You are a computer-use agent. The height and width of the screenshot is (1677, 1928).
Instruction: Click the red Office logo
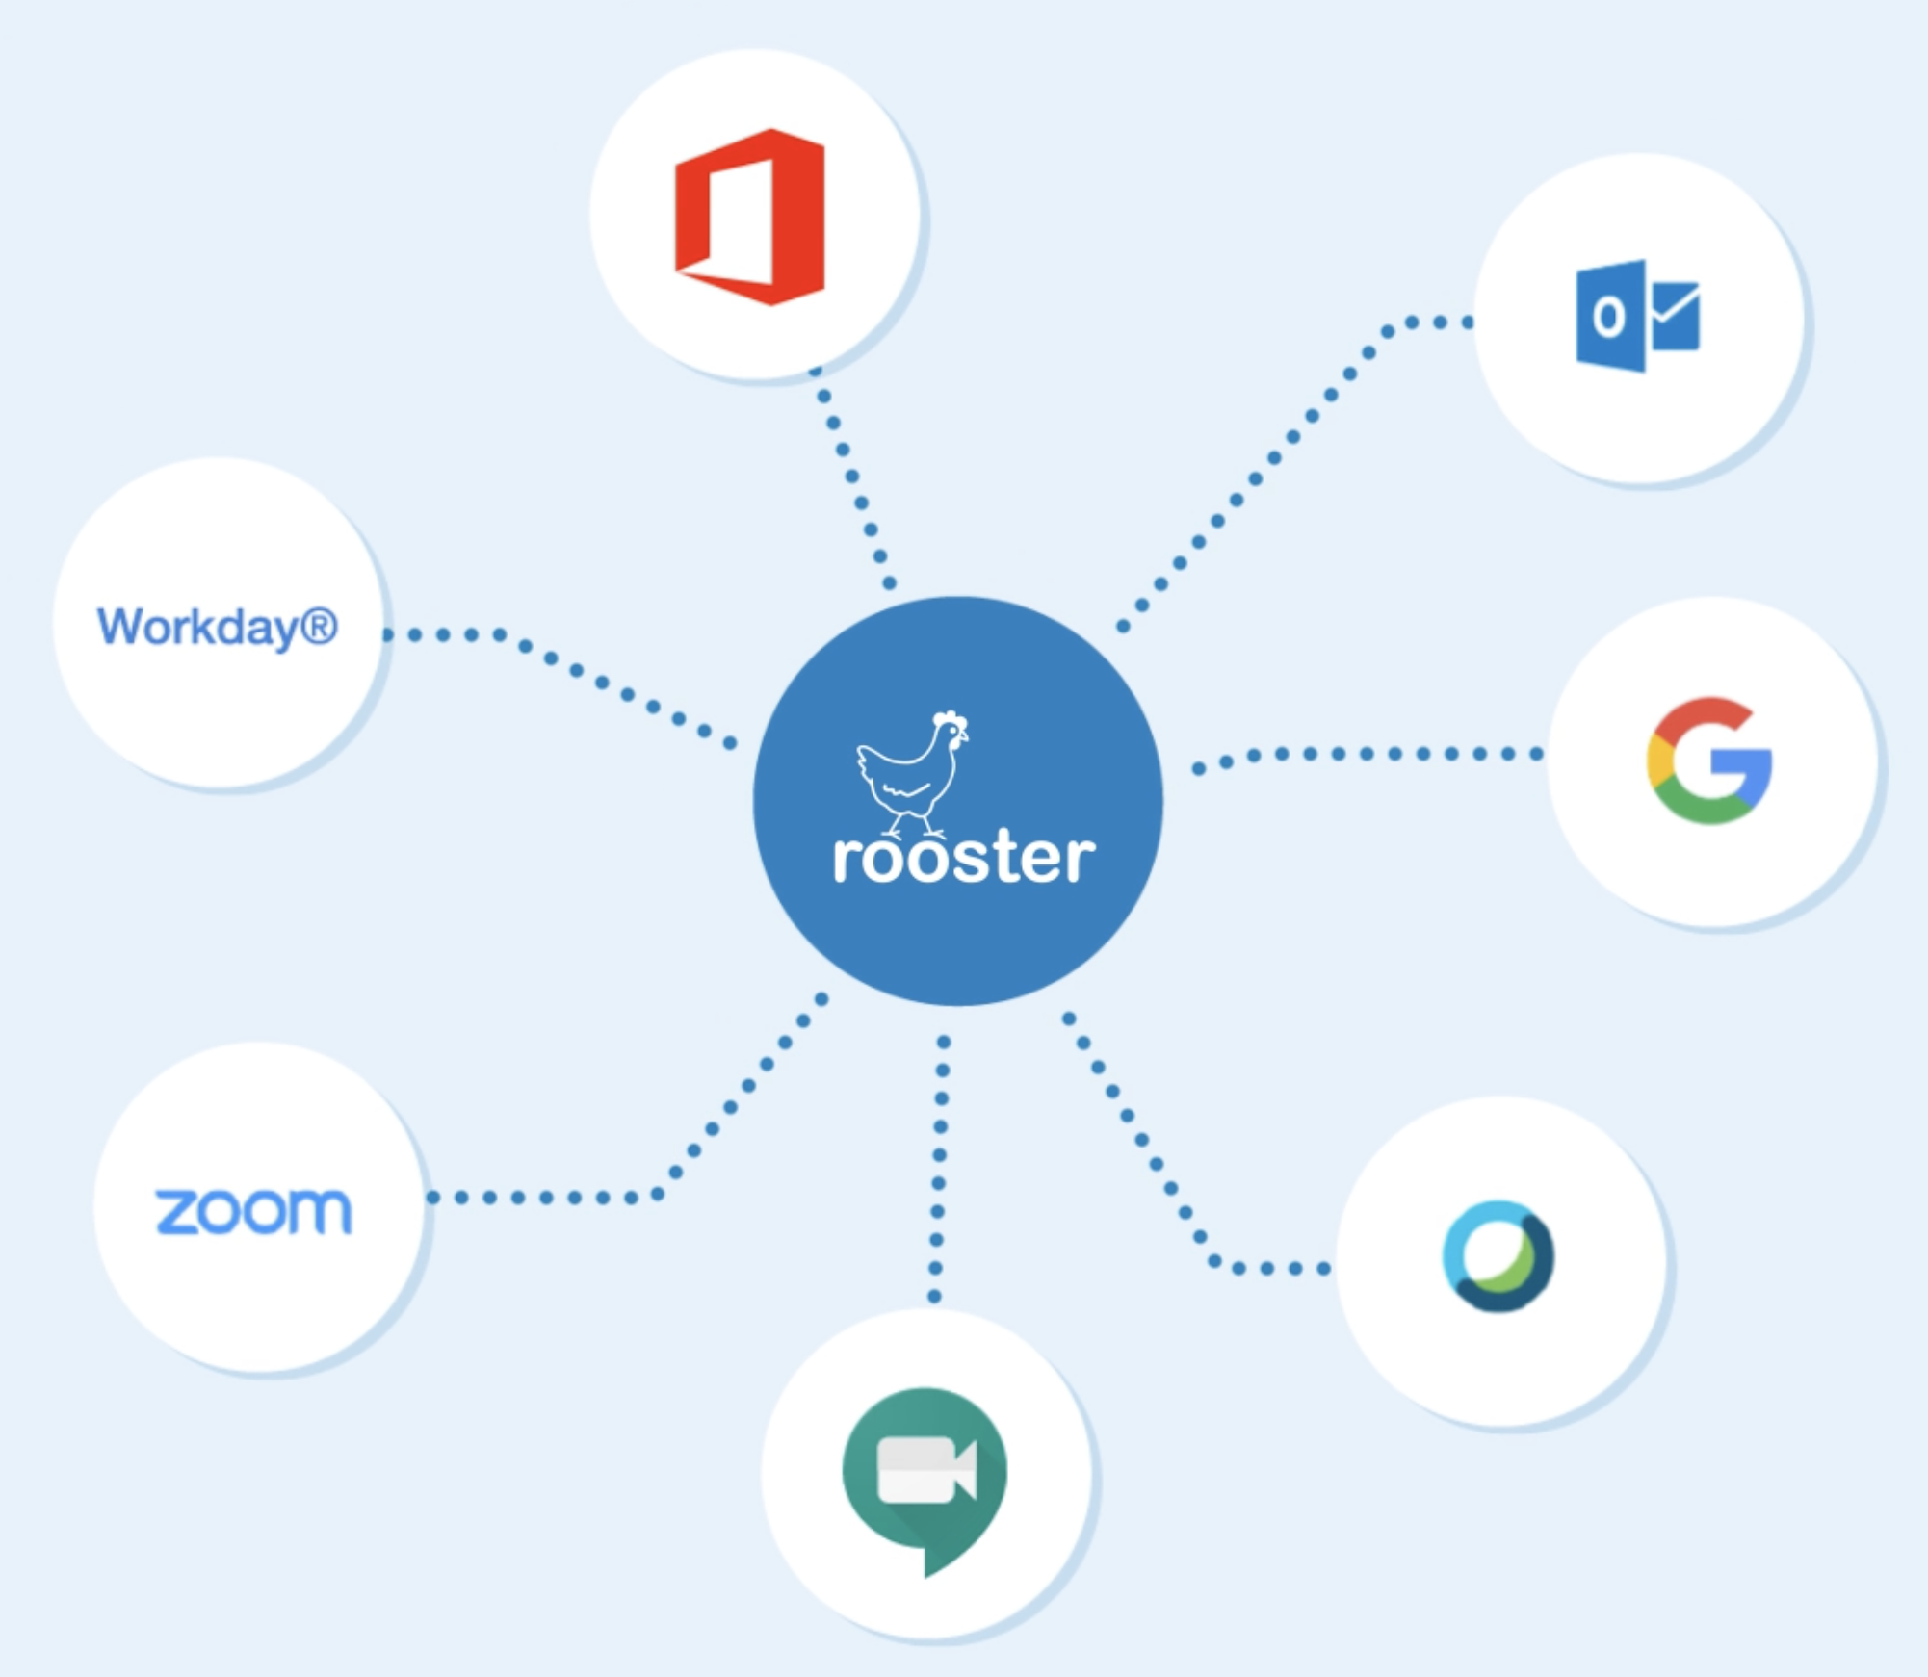750,217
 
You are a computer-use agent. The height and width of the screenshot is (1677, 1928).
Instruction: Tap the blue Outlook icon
1637,316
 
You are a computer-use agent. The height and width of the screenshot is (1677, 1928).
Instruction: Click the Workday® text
218,627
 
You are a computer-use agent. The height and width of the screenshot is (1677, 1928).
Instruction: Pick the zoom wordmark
253,1211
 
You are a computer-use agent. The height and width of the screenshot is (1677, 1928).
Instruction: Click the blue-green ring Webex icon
1498,1256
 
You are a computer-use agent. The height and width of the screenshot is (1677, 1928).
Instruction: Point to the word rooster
963,858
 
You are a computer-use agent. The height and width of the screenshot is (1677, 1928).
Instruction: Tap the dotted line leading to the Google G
1368,755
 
